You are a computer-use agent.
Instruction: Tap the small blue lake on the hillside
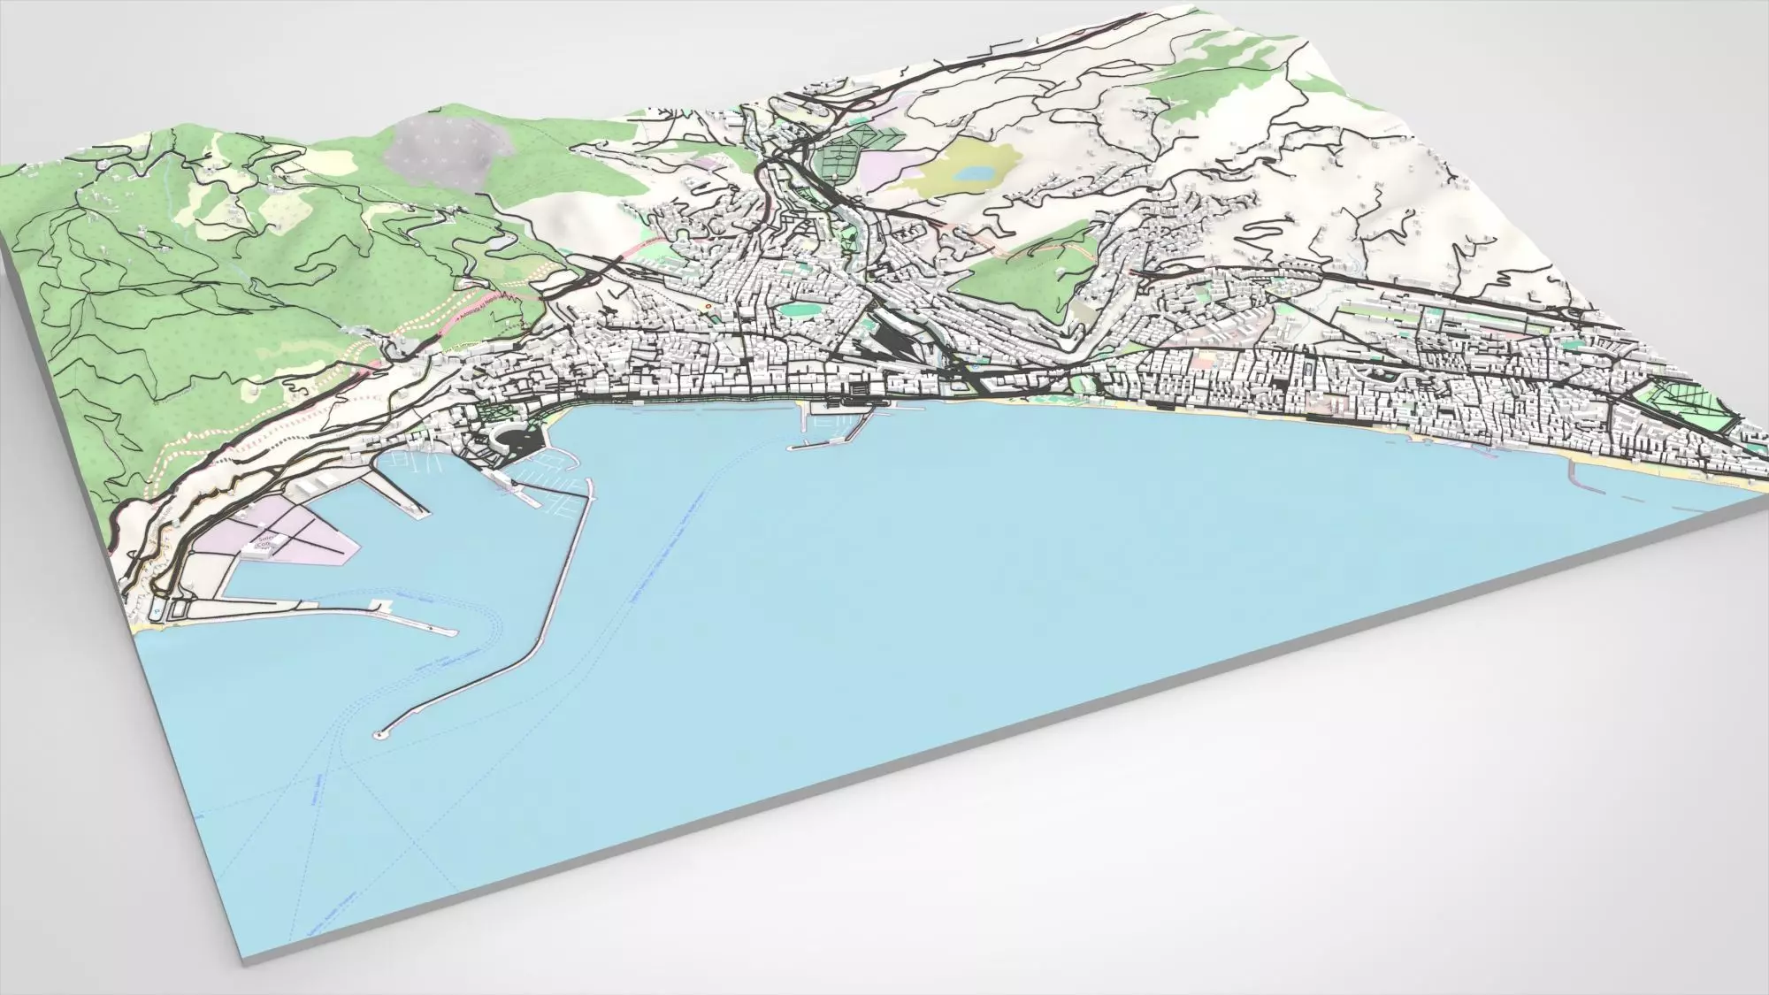tap(975, 172)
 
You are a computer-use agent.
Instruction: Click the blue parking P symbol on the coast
tap(157, 610)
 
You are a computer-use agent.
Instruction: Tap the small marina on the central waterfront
tap(831, 425)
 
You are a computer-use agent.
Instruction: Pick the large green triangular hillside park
tap(1026, 274)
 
